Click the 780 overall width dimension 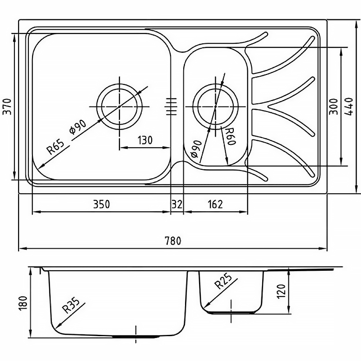[x=173, y=241]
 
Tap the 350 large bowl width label [x=102, y=204]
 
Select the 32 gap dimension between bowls [x=177, y=204]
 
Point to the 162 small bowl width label [x=215, y=204]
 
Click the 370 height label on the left [x=7, y=106]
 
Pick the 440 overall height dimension [x=349, y=106]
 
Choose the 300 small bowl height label [x=333, y=106]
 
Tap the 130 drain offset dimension [x=145, y=140]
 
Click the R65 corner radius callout [x=55, y=148]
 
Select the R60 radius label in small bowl [x=230, y=137]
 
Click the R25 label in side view [x=222, y=281]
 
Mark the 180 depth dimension [x=23, y=303]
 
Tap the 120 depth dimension [x=281, y=291]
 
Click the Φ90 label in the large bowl [x=78, y=127]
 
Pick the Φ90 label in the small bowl [x=196, y=149]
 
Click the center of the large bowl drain [x=120, y=106]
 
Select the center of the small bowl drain [x=215, y=106]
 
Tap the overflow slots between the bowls [x=171, y=106]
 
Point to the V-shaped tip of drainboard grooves [x=268, y=106]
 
